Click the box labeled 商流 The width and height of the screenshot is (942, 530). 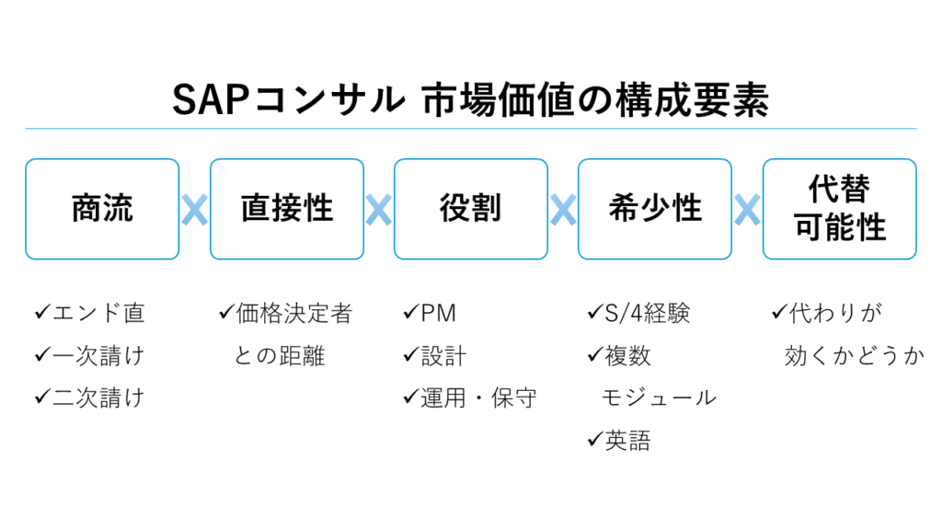[102, 209]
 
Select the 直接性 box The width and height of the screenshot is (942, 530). [286, 209]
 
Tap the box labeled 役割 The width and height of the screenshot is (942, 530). [470, 209]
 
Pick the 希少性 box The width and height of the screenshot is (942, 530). [654, 209]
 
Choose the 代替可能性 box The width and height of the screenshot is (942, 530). [839, 209]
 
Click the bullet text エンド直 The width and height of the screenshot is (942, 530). [97, 314]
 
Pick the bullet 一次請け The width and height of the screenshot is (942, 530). [97, 356]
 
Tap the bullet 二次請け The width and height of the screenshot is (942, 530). [97, 397]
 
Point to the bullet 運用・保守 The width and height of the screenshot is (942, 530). [478, 397]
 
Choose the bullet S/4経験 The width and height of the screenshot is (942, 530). [647, 314]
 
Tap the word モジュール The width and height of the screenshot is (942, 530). [658, 397]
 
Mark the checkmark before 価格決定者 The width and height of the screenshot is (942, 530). [225, 314]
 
